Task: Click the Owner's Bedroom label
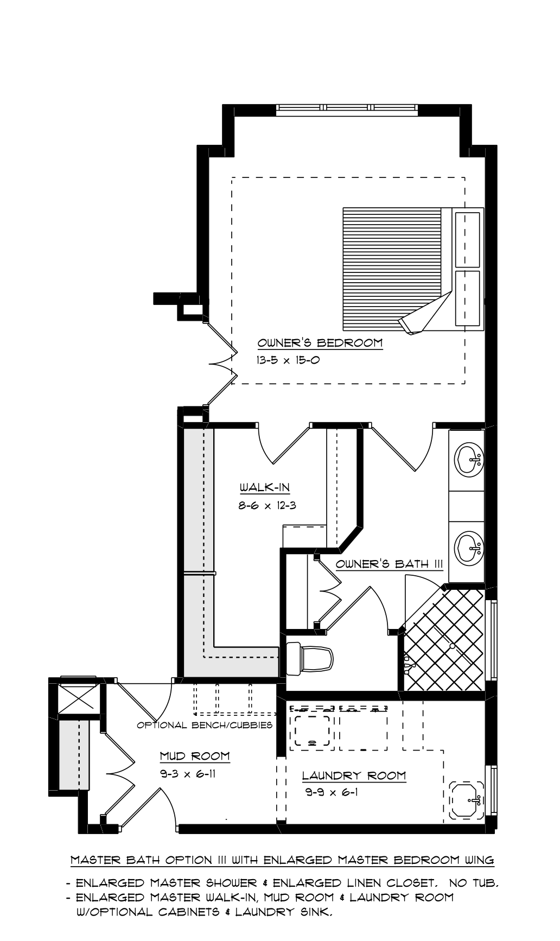coord(320,343)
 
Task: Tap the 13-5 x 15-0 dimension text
coord(288,360)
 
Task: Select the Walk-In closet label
coord(265,487)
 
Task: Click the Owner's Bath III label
coord(390,564)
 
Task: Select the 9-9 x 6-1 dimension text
coord(332,792)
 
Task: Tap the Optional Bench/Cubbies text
coord(205,725)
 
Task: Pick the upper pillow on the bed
coord(467,239)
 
